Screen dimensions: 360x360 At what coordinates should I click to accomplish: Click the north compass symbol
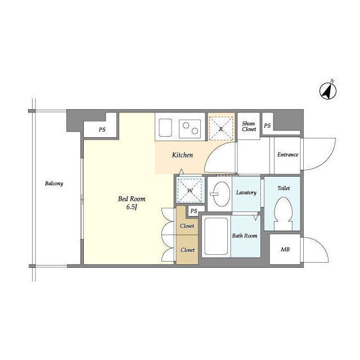(x=328, y=91)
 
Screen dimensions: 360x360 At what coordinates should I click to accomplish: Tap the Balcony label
(x=54, y=183)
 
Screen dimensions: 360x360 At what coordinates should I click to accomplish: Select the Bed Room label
(x=132, y=199)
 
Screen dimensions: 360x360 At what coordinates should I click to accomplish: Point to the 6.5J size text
(x=132, y=207)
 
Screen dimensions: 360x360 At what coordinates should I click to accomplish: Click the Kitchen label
(x=182, y=155)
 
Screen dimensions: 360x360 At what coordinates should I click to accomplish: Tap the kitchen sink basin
(x=165, y=128)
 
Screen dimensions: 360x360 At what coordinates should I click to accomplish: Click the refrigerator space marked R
(x=221, y=128)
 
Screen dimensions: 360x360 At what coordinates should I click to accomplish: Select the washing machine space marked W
(x=190, y=190)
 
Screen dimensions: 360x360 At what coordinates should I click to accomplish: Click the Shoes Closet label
(x=249, y=126)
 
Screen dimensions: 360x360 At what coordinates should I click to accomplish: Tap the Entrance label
(x=287, y=155)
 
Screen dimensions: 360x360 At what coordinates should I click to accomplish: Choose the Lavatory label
(x=246, y=192)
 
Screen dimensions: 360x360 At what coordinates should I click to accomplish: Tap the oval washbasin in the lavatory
(x=221, y=193)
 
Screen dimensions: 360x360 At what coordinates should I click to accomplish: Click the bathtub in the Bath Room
(x=216, y=236)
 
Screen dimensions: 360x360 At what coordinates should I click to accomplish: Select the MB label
(x=285, y=249)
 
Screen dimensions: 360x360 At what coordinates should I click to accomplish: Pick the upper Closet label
(x=187, y=226)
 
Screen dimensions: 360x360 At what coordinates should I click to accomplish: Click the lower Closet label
(x=187, y=250)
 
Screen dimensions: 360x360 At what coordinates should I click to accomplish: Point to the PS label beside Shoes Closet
(x=267, y=125)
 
